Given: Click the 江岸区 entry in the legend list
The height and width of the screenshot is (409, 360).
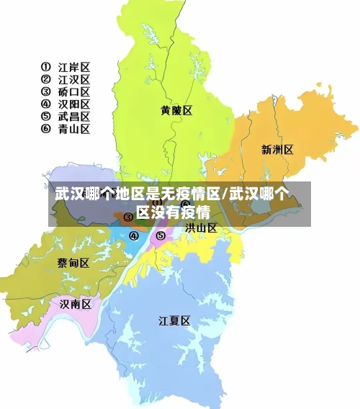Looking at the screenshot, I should tap(74, 67).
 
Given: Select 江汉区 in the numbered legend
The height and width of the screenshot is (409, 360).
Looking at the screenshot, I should tap(74, 79).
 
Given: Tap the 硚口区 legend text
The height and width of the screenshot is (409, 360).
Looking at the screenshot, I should tap(74, 91).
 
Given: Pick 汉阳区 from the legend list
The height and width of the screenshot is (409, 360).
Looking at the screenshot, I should tap(74, 104).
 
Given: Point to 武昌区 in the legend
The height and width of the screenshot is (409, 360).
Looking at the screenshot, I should tap(74, 116).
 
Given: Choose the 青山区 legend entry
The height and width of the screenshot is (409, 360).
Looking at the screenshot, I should tap(74, 129).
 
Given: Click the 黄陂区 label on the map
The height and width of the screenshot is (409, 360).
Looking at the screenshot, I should tap(176, 110).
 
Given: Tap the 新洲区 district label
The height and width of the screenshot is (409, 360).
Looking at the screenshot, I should tap(277, 150).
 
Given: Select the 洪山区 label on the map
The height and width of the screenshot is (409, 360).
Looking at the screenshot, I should tap(201, 228).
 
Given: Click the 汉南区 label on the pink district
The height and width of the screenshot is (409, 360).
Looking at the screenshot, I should tap(76, 304).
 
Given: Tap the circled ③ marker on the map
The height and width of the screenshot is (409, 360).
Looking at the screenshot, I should tap(127, 217).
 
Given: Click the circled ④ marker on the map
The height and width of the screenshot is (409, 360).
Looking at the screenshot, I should tap(133, 235).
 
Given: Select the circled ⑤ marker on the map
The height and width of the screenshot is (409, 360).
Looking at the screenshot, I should tap(161, 235).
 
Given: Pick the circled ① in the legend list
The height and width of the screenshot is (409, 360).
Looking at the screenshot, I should tap(45, 67).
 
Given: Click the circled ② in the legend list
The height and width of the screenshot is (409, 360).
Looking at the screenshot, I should tap(45, 79).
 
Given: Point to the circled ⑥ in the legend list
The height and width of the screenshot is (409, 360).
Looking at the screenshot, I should tap(45, 129).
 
